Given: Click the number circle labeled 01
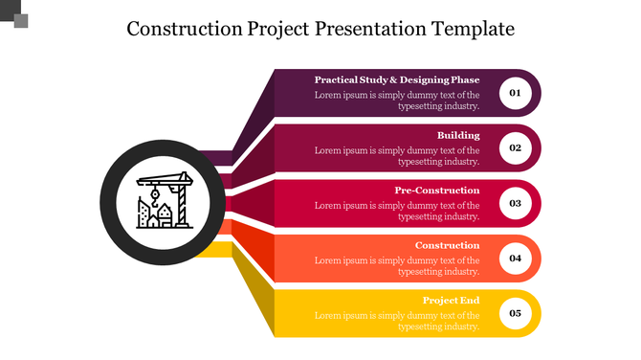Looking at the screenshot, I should (515, 93).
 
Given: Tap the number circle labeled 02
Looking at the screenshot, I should (515, 148).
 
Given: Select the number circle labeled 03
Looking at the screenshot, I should (515, 203).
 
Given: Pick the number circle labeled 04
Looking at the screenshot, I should (515, 259).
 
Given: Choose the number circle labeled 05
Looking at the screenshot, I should (515, 313).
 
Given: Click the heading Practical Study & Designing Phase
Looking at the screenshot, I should (397, 80).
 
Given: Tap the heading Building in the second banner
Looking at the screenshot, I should (458, 135).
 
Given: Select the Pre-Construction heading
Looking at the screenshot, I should (436, 191).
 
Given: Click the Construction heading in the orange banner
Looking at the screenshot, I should (447, 245).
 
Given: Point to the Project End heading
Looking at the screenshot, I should (451, 301).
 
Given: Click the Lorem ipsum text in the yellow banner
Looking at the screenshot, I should (397, 321).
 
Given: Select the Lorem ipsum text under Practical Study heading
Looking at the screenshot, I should (397, 101).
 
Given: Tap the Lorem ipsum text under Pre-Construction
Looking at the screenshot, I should (397, 211).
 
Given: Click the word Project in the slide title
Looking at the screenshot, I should (278, 29).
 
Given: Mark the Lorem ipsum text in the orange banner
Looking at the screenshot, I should (397, 265).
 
